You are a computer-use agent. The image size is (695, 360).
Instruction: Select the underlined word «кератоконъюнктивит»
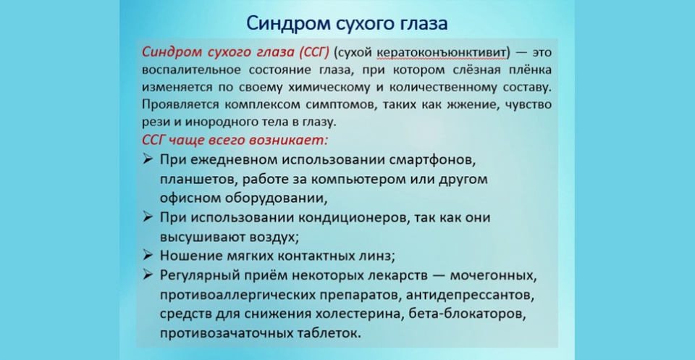[444, 53]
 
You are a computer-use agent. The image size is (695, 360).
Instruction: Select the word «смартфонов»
[433, 159]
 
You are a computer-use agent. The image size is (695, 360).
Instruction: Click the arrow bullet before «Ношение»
[148, 255]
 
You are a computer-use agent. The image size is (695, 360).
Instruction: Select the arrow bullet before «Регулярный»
[148, 275]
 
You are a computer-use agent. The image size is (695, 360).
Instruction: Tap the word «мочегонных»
[493, 276]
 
